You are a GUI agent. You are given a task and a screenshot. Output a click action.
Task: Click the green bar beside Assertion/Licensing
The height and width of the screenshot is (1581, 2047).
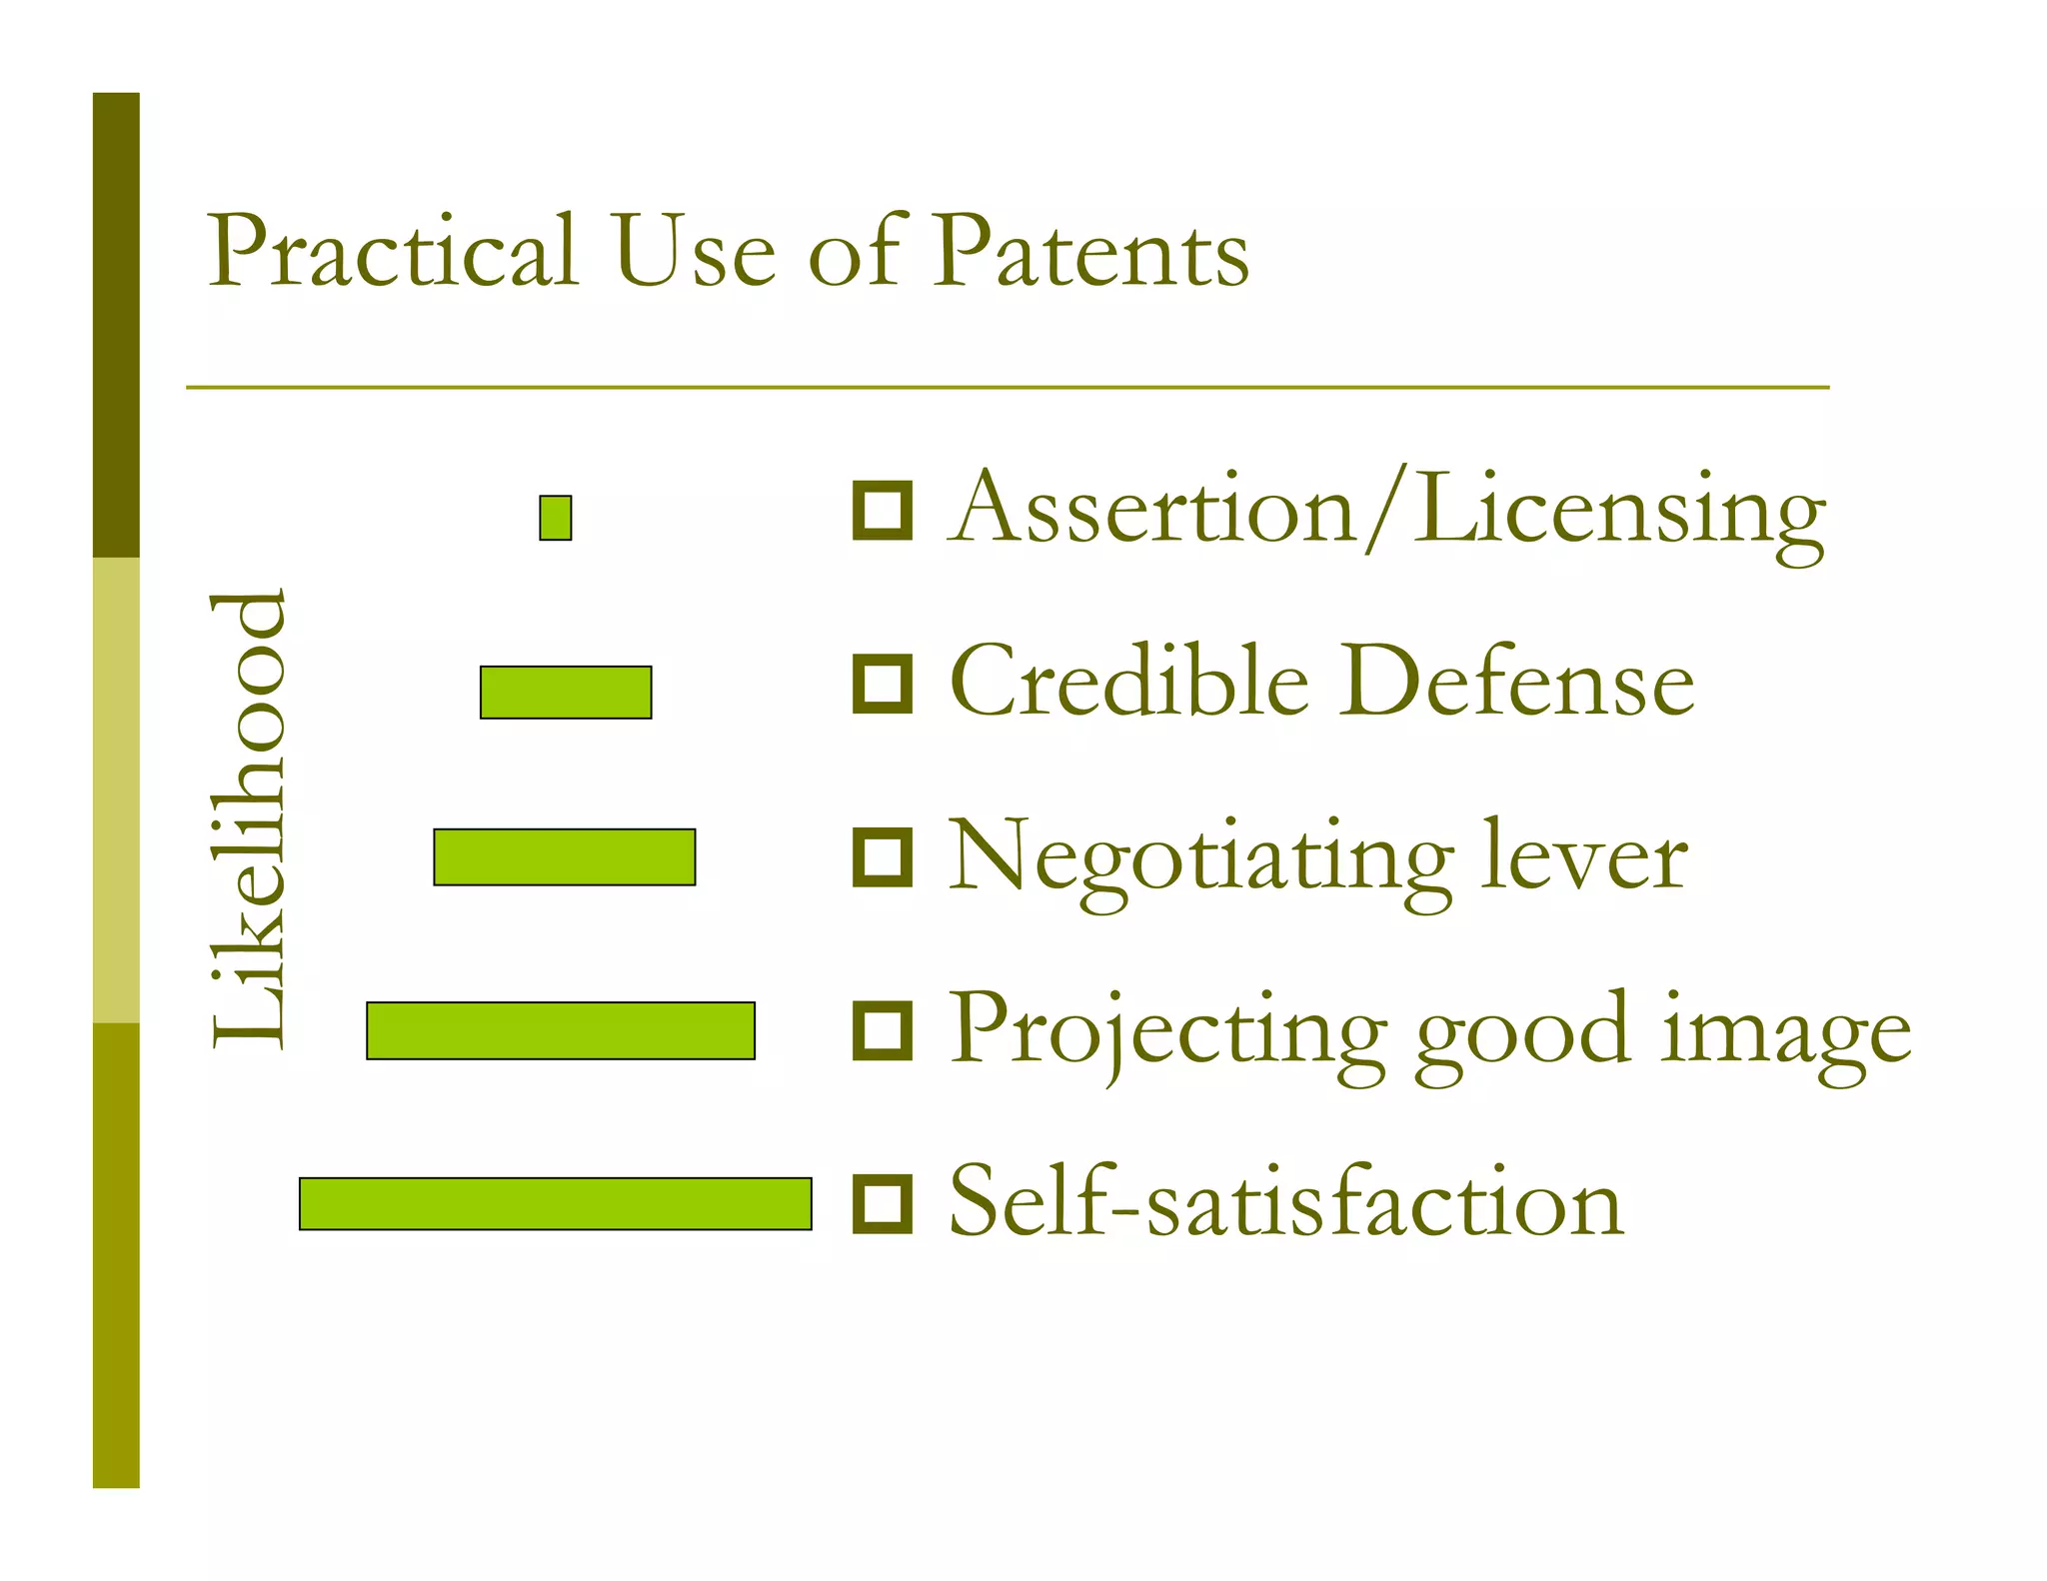coord(555,518)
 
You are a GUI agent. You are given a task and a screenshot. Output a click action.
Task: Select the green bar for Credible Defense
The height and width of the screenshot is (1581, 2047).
coord(566,692)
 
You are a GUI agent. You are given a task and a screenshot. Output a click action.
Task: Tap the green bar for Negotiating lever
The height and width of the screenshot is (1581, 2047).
coord(564,856)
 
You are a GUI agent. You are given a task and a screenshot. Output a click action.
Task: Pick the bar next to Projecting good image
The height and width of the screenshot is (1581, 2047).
coord(560,1030)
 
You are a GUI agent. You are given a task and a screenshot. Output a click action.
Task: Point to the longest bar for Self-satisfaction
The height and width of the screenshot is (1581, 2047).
coord(555,1203)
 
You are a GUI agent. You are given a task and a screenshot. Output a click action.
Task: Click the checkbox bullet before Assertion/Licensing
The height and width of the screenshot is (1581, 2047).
coord(882,510)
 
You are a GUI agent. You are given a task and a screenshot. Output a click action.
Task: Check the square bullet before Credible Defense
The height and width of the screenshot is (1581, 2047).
coord(882,684)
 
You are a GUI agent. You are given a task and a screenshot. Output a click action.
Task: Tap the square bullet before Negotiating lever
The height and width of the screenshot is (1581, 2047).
coord(882,857)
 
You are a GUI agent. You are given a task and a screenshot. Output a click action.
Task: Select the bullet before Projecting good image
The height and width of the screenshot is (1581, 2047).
coord(882,1030)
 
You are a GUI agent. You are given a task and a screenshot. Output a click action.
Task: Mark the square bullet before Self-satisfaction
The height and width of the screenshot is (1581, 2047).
coord(882,1203)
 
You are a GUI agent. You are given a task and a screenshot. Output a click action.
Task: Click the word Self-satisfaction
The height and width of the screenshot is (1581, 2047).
coord(1285,1201)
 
